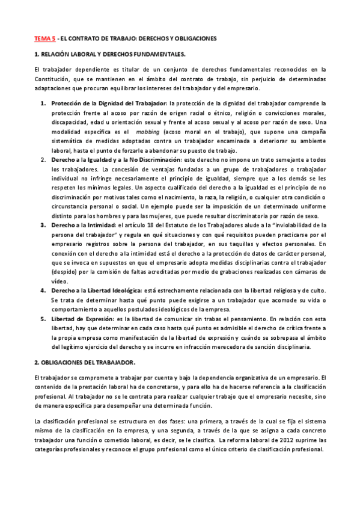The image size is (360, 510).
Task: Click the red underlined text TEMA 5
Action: click(44, 38)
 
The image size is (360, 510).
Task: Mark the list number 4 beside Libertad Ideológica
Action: click(43, 290)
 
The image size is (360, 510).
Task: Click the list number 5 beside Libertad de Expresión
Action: click(43, 319)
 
